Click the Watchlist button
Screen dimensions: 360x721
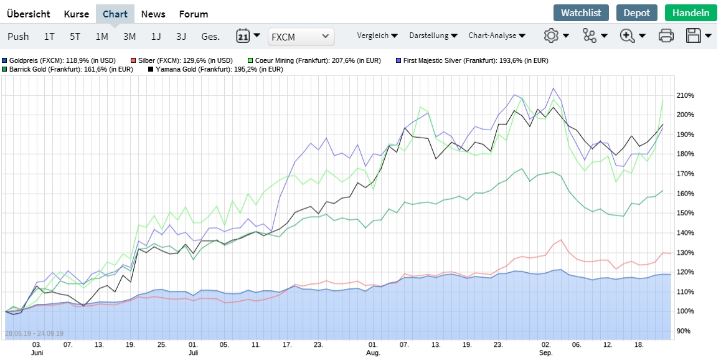[x=581, y=13]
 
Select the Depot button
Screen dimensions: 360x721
[x=637, y=13]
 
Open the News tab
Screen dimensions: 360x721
[x=153, y=14]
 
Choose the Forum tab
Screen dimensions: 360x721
[x=194, y=14]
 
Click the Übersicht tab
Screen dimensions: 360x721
[x=29, y=14]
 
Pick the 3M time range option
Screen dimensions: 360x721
[x=130, y=36]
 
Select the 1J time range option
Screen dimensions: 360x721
[x=156, y=36]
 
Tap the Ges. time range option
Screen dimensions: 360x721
[x=210, y=36]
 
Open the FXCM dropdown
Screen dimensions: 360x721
[x=301, y=37]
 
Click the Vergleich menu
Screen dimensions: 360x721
[x=377, y=36]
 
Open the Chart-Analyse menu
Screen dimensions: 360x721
[x=497, y=36]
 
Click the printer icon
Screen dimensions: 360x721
[x=666, y=36]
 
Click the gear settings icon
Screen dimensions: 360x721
[x=551, y=36]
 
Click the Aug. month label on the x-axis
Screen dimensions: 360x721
[x=373, y=353]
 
